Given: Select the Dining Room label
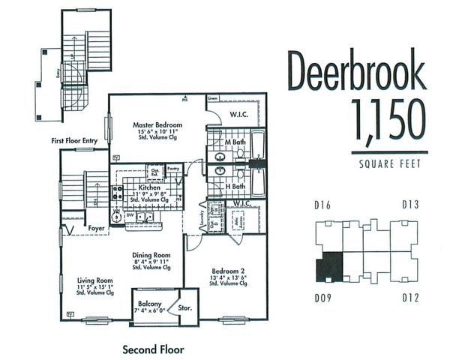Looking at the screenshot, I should pyautogui.click(x=154, y=254).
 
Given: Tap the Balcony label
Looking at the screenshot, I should pyautogui.click(x=147, y=303).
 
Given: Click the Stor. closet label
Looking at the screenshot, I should pyautogui.click(x=183, y=307).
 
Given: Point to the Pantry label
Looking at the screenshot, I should pyautogui.click(x=173, y=169).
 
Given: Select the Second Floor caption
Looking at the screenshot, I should pyautogui.click(x=153, y=349).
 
